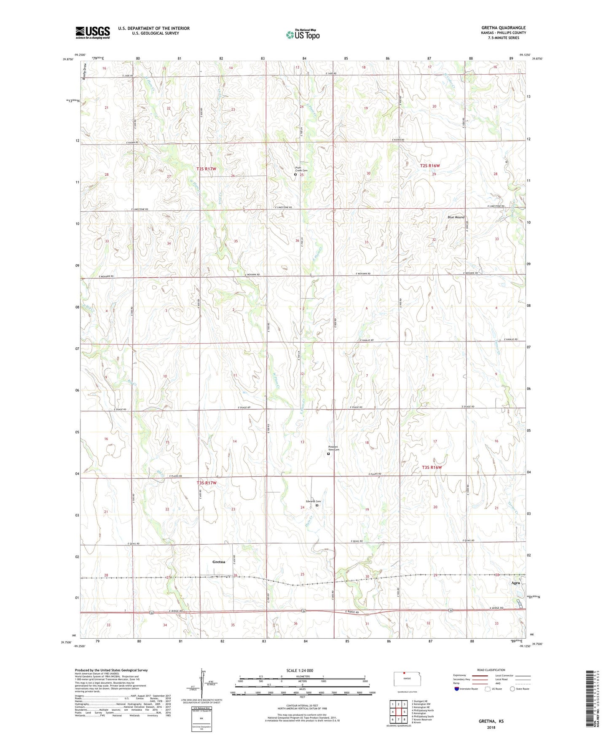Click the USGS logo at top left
pos(93,32)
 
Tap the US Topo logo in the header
pos(303,35)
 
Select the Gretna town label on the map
pos(218,562)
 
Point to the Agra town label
pos(515,583)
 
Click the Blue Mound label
pos(456,217)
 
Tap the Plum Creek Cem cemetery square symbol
pos(295,175)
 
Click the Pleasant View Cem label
pos(333,449)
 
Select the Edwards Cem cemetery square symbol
pos(317,505)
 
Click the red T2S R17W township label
pos(206,169)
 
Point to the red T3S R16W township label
pos(432,467)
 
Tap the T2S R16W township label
pos(430,166)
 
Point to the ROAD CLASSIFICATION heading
pos(491,670)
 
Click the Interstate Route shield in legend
pos(457,689)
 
